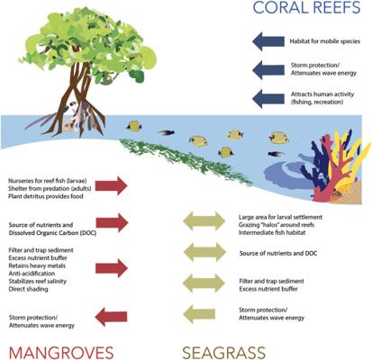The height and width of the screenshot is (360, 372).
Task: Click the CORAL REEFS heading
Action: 306,7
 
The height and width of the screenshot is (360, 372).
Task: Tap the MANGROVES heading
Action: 61,353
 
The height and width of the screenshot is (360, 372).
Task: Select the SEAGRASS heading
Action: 224,353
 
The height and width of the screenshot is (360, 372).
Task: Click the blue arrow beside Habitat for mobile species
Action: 268,41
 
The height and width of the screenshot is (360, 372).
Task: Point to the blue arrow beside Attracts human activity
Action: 268,98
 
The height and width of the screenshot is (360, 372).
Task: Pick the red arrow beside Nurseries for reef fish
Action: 112,185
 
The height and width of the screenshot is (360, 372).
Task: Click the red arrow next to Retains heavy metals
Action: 112,268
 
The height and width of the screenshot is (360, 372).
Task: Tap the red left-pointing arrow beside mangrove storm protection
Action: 111,317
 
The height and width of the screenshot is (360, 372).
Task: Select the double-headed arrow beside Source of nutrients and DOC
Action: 204,252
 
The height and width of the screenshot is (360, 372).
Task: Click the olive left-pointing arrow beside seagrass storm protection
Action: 199,314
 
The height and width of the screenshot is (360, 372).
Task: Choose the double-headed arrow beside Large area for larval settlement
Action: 204,220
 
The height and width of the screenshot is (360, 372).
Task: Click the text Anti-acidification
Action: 32,274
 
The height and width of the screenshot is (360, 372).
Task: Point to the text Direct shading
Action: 28,289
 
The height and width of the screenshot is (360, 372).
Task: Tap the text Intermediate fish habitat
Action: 272,232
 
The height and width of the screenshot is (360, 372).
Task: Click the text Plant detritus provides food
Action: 46,196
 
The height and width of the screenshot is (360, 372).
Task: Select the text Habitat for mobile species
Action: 324,41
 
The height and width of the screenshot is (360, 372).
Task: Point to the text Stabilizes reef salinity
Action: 38,282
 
